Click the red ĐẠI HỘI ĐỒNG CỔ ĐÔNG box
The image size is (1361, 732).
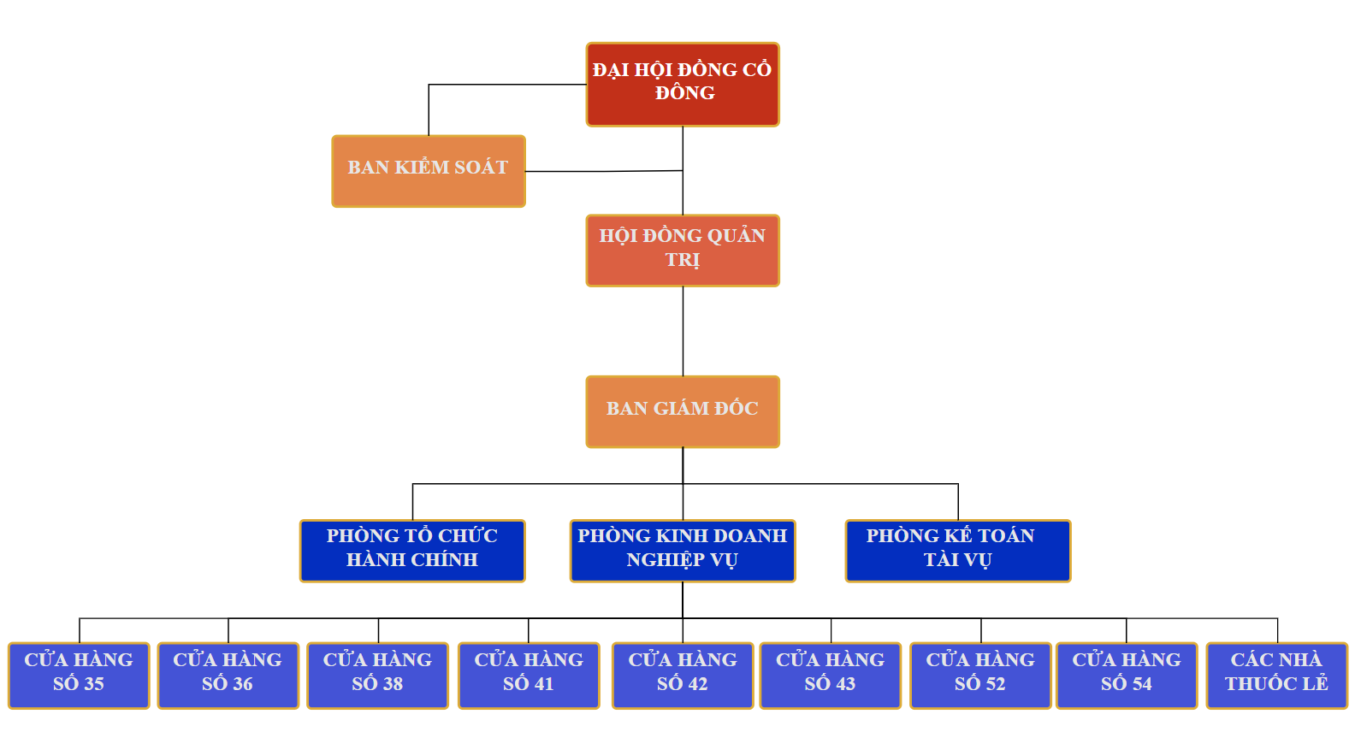(683, 84)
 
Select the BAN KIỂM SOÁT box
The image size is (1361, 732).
(429, 170)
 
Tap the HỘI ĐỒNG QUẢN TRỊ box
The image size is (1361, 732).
(683, 250)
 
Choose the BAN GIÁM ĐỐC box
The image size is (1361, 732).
(683, 411)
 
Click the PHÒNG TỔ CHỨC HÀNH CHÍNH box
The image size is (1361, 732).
(412, 551)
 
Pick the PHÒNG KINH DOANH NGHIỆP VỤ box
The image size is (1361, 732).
(683, 551)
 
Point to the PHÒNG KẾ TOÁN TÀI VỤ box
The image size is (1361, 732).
(958, 551)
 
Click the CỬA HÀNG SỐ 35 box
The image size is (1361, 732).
(79, 675)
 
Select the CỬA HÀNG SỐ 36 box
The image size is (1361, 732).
(228, 675)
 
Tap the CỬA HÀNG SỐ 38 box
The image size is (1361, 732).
(378, 675)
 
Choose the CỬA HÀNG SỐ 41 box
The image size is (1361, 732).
(529, 675)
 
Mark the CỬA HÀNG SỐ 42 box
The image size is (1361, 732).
(683, 675)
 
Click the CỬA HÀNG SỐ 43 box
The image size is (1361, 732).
(831, 675)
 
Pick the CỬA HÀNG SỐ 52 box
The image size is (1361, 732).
(980, 675)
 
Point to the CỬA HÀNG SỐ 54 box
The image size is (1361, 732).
(1127, 675)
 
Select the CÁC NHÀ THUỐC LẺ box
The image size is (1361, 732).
(1277, 675)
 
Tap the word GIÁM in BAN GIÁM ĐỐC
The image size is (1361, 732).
(682, 409)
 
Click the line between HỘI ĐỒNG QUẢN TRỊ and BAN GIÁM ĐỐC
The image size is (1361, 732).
(683, 331)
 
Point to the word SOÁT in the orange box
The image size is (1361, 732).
(480, 168)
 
